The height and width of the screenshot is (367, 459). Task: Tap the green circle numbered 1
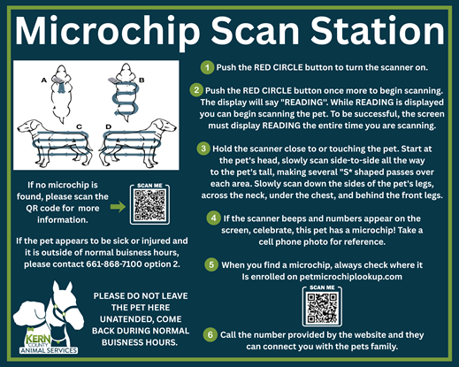(x=208, y=67)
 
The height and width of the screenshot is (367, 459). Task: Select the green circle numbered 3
(x=203, y=149)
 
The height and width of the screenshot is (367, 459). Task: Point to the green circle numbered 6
(x=210, y=335)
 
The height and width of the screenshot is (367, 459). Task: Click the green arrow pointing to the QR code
(x=118, y=207)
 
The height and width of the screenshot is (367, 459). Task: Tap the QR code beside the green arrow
(x=149, y=205)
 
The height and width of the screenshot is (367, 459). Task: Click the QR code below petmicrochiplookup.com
(x=322, y=307)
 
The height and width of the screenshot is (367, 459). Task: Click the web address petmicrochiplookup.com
(x=351, y=277)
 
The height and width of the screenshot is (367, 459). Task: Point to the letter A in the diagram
(x=44, y=80)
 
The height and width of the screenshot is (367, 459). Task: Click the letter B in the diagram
(x=142, y=80)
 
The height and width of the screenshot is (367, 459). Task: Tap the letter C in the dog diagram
(x=79, y=126)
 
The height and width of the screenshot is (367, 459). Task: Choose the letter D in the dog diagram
(x=109, y=126)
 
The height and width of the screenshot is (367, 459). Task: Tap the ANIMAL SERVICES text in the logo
(x=49, y=350)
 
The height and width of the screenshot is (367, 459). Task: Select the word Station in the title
(x=378, y=31)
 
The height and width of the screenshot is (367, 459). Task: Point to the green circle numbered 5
(x=211, y=264)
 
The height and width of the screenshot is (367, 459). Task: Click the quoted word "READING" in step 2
(x=300, y=103)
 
